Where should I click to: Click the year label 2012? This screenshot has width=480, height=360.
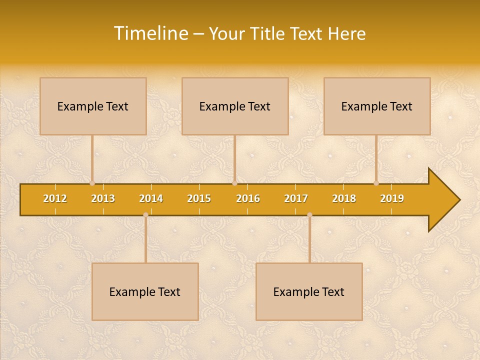pyautogui.click(x=55, y=198)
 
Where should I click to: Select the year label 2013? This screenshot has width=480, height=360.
pyautogui.click(x=103, y=198)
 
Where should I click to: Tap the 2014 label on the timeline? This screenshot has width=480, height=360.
pyautogui.click(x=151, y=198)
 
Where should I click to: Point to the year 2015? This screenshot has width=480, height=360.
pyautogui.click(x=199, y=198)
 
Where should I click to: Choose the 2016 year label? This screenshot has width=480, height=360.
pyautogui.click(x=248, y=198)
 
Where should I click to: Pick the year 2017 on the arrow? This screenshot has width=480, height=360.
pyautogui.click(x=296, y=198)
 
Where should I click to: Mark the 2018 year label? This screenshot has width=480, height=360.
pyautogui.click(x=344, y=198)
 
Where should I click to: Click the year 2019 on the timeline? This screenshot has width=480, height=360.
pyautogui.click(x=392, y=198)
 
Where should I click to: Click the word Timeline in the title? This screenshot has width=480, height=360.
pyautogui.click(x=150, y=33)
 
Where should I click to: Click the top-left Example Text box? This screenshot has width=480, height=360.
pyautogui.click(x=93, y=106)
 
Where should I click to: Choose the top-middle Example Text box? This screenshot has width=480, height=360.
pyautogui.click(x=235, y=106)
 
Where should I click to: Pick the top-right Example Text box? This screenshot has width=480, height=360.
pyautogui.click(x=377, y=106)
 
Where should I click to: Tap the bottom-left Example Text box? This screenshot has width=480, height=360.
pyautogui.click(x=145, y=291)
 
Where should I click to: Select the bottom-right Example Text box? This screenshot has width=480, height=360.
pyautogui.click(x=309, y=291)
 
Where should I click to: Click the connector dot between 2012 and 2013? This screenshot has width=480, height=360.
pyautogui.click(x=92, y=183)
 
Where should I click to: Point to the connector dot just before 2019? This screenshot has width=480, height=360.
pyautogui.click(x=376, y=183)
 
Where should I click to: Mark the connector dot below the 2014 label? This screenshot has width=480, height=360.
pyautogui.click(x=145, y=215)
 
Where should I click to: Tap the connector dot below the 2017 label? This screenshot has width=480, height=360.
pyautogui.click(x=309, y=215)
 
